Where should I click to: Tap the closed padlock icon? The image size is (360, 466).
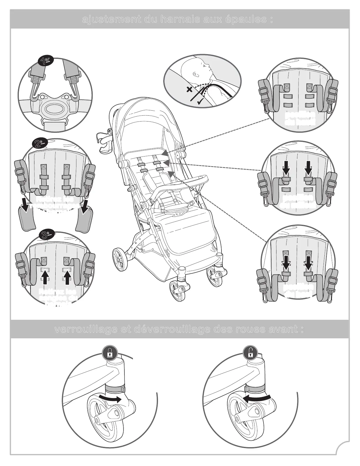tap(109, 353)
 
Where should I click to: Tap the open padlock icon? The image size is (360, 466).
tap(251, 353)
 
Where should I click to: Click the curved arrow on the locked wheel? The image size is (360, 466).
tap(110, 399)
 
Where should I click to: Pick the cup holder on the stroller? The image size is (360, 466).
tap(104, 142)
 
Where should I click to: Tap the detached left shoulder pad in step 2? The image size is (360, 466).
tap(27, 218)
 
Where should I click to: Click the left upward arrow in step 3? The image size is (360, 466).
tap(45, 277)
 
